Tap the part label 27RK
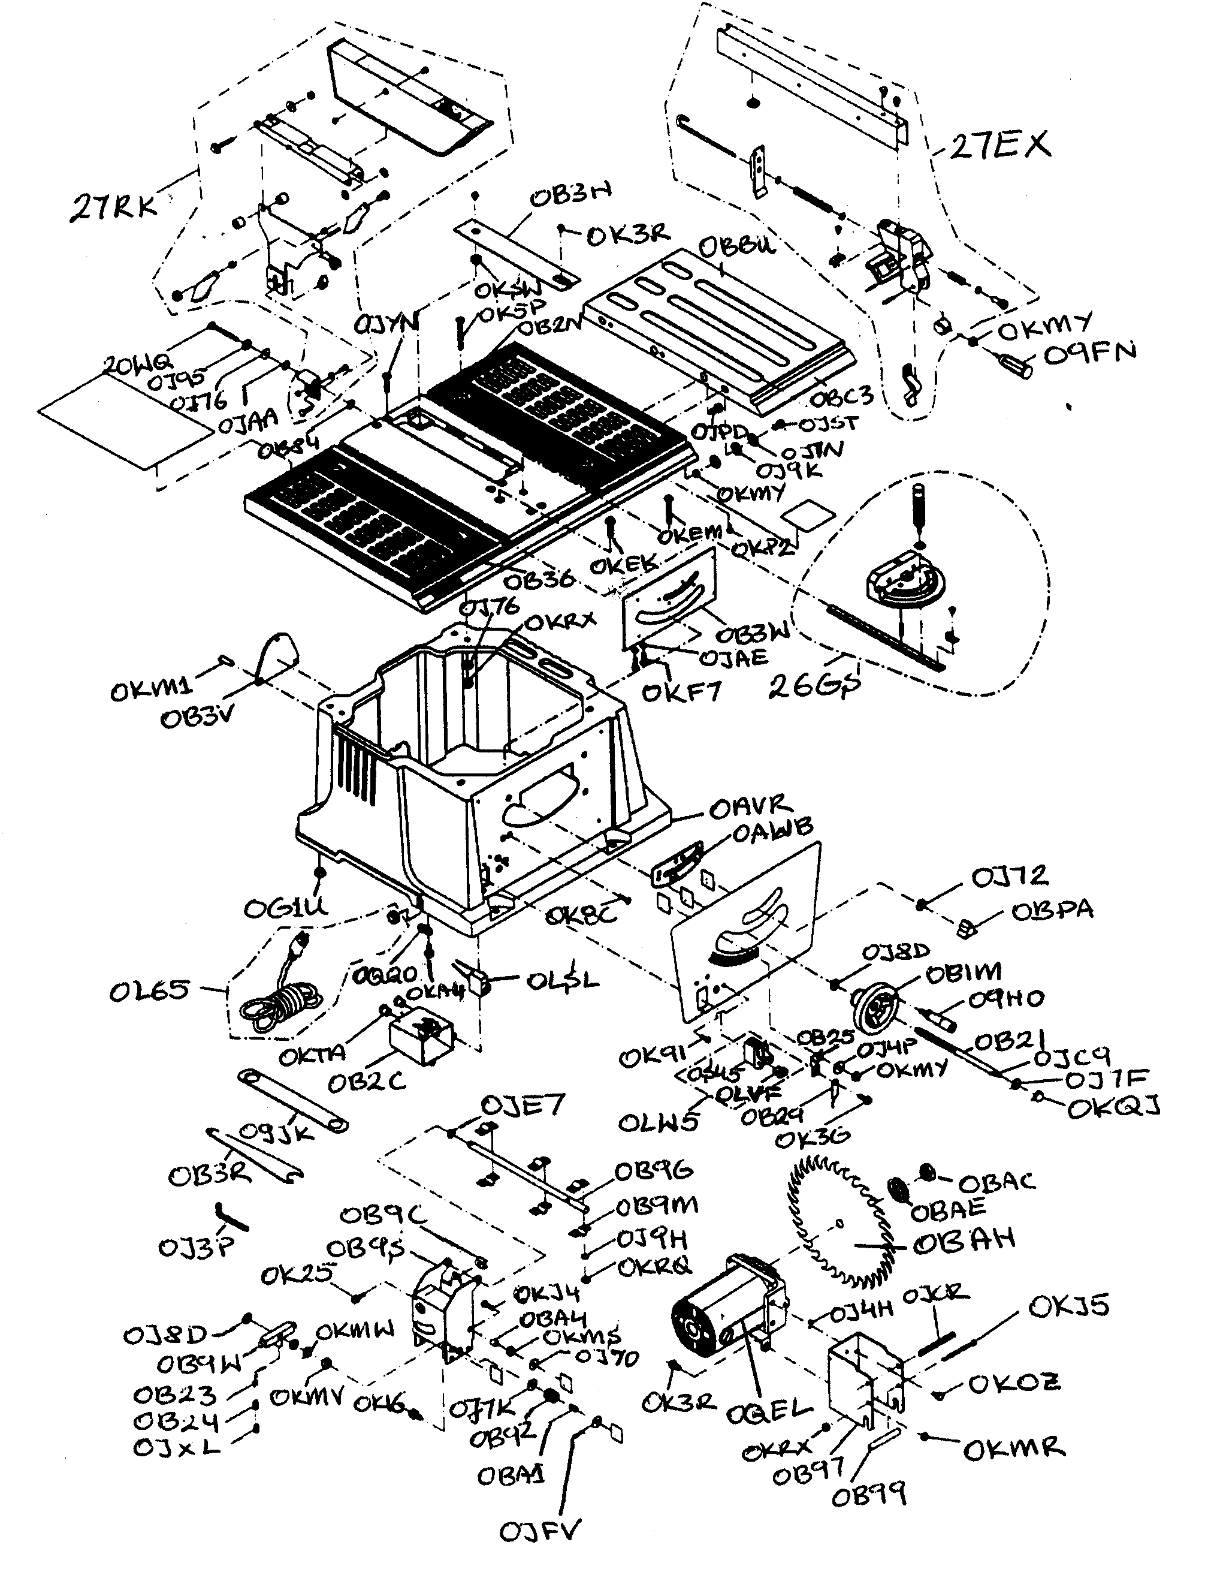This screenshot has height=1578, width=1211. click(113, 207)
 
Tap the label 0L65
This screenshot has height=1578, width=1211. click(149, 992)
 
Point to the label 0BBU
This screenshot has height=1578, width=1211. click(736, 246)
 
